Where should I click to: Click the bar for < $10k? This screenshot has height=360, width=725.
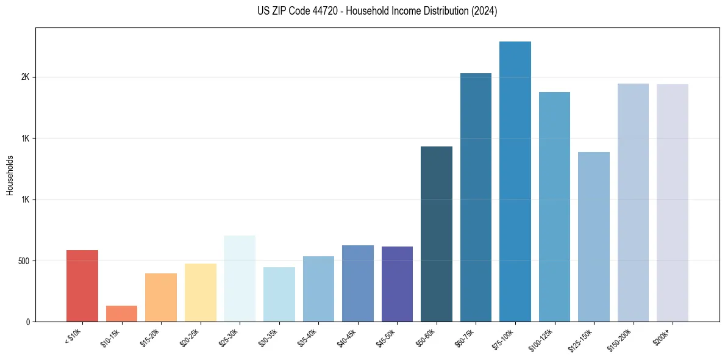[82, 286]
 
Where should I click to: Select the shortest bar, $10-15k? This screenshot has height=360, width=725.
[121, 314]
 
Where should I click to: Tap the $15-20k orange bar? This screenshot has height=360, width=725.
[161, 297]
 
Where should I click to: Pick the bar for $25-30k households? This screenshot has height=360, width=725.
[240, 278]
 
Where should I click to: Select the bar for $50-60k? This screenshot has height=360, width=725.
[437, 234]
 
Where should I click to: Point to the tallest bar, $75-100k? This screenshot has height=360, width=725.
[515, 181]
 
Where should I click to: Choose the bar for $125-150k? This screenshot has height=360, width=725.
[594, 237]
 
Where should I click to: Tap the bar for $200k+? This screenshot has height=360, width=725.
[673, 203]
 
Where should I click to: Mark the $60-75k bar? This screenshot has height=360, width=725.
[476, 197]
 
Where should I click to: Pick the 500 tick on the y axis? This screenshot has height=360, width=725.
[24, 261]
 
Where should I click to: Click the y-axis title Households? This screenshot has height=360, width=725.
[10, 175]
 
